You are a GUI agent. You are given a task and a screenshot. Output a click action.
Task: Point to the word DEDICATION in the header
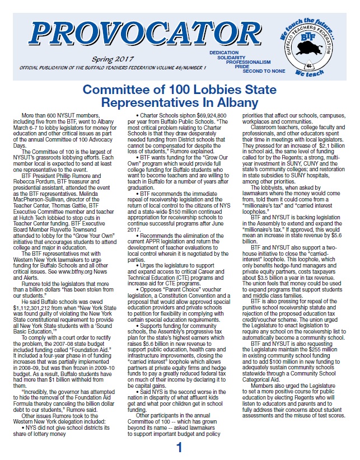[224, 51]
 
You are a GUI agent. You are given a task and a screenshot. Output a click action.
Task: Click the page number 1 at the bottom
[179, 448]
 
